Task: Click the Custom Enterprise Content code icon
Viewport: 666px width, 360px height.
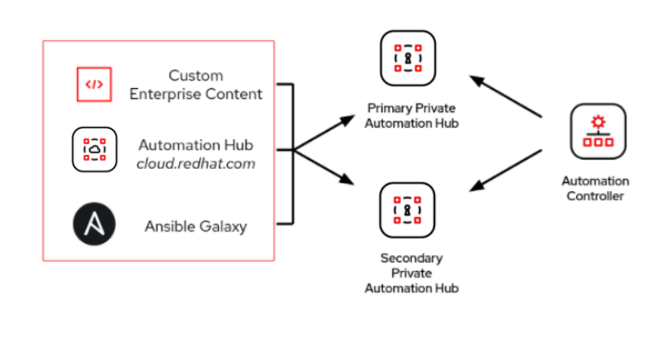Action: pyautogui.click(x=95, y=84)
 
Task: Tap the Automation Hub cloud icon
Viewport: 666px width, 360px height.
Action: pyautogui.click(x=95, y=148)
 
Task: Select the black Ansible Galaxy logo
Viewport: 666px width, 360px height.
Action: pyautogui.click(x=95, y=225)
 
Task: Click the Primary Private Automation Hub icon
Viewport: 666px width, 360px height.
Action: pyautogui.click(x=407, y=58)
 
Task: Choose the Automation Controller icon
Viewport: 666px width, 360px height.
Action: pyautogui.click(x=595, y=133)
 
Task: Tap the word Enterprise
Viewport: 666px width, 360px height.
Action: pyautogui.click(x=167, y=94)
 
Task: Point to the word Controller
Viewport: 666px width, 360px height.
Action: pyautogui.click(x=595, y=196)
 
